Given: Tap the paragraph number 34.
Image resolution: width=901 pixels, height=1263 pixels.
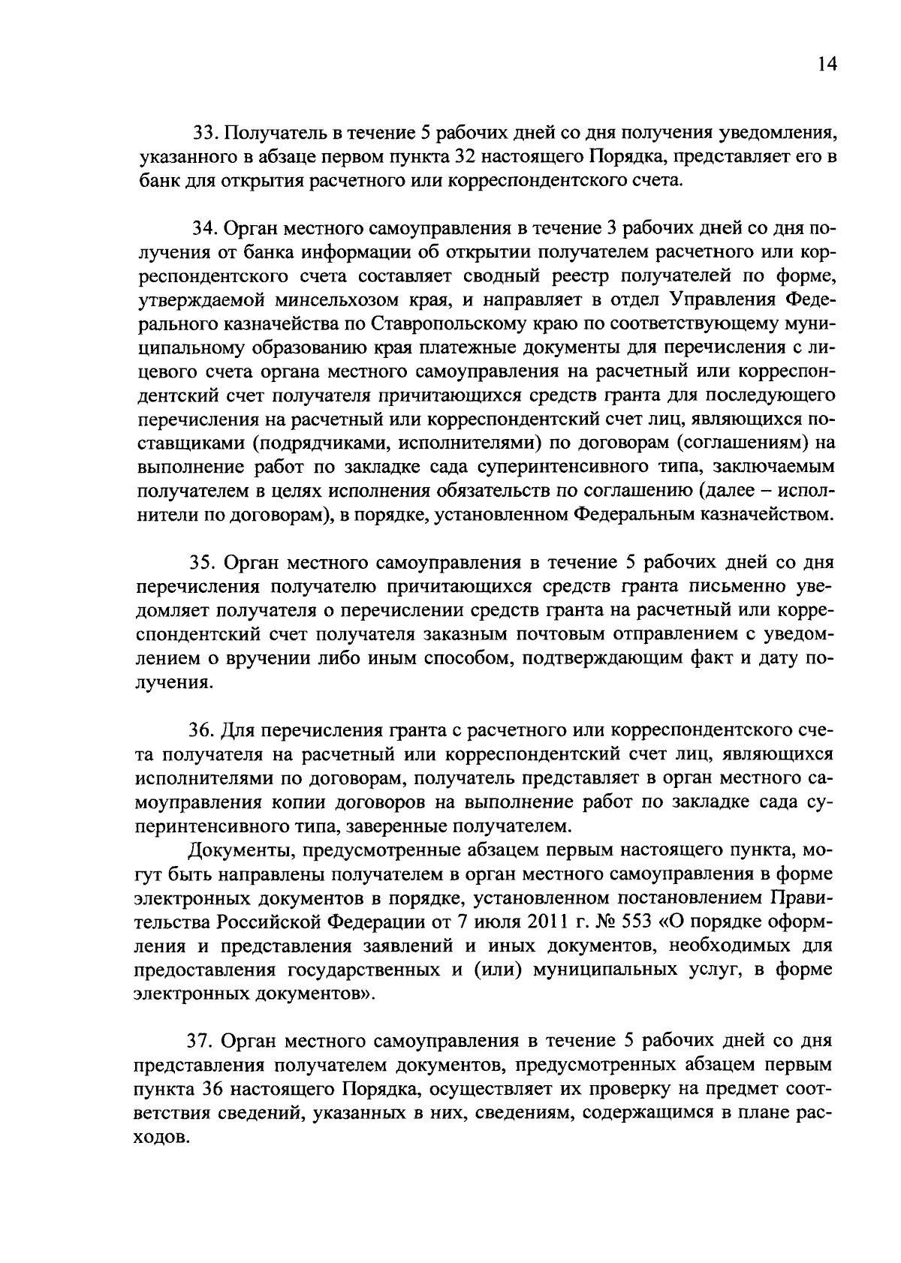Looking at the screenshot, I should click(203, 230).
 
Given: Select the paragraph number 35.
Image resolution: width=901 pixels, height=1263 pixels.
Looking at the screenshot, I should click(202, 562).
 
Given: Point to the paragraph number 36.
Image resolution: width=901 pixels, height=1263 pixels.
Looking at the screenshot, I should click(200, 730).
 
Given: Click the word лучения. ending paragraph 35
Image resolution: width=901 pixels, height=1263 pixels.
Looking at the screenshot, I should click(172, 683).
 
